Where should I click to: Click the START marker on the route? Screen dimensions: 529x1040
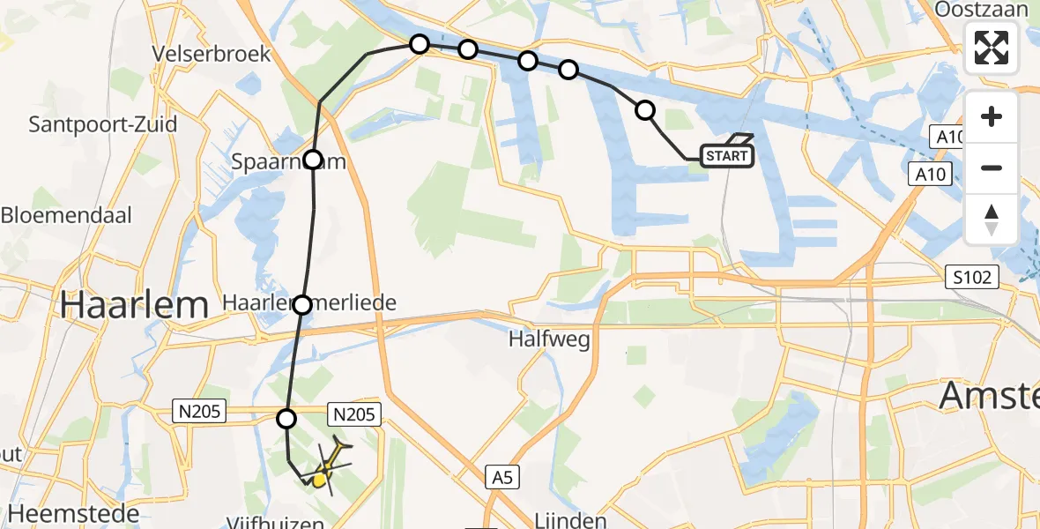tap(727, 156)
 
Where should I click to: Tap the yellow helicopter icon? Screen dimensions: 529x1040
tap(325, 466)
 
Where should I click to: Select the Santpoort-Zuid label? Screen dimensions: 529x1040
tap(102, 123)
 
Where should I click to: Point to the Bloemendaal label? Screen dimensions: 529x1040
tap(66, 214)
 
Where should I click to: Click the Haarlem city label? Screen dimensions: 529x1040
tap(135, 306)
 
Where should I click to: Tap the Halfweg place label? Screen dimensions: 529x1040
tap(549, 339)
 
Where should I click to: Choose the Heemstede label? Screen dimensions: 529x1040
tap(71, 513)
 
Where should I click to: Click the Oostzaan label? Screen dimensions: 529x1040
tap(981, 10)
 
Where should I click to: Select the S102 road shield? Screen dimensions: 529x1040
tap(973, 278)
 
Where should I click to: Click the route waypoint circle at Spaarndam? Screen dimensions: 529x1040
tap(313, 160)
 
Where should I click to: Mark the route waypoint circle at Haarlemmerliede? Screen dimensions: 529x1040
tap(302, 305)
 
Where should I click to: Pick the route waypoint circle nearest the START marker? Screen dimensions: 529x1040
tap(645, 110)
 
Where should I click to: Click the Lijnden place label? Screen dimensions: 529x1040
tap(569, 519)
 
